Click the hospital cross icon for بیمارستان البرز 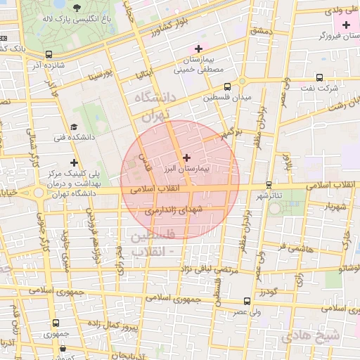pos(186,158)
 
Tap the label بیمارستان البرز pos(186,170)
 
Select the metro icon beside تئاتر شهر pos(268,186)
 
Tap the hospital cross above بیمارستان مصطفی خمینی pos(198,49)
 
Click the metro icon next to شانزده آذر pos(49,54)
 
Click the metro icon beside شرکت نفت pos(319,78)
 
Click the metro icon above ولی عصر pos(246,300)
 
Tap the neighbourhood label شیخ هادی pos(311,335)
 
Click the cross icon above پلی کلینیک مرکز pos(73,162)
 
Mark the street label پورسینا pos(100,74)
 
